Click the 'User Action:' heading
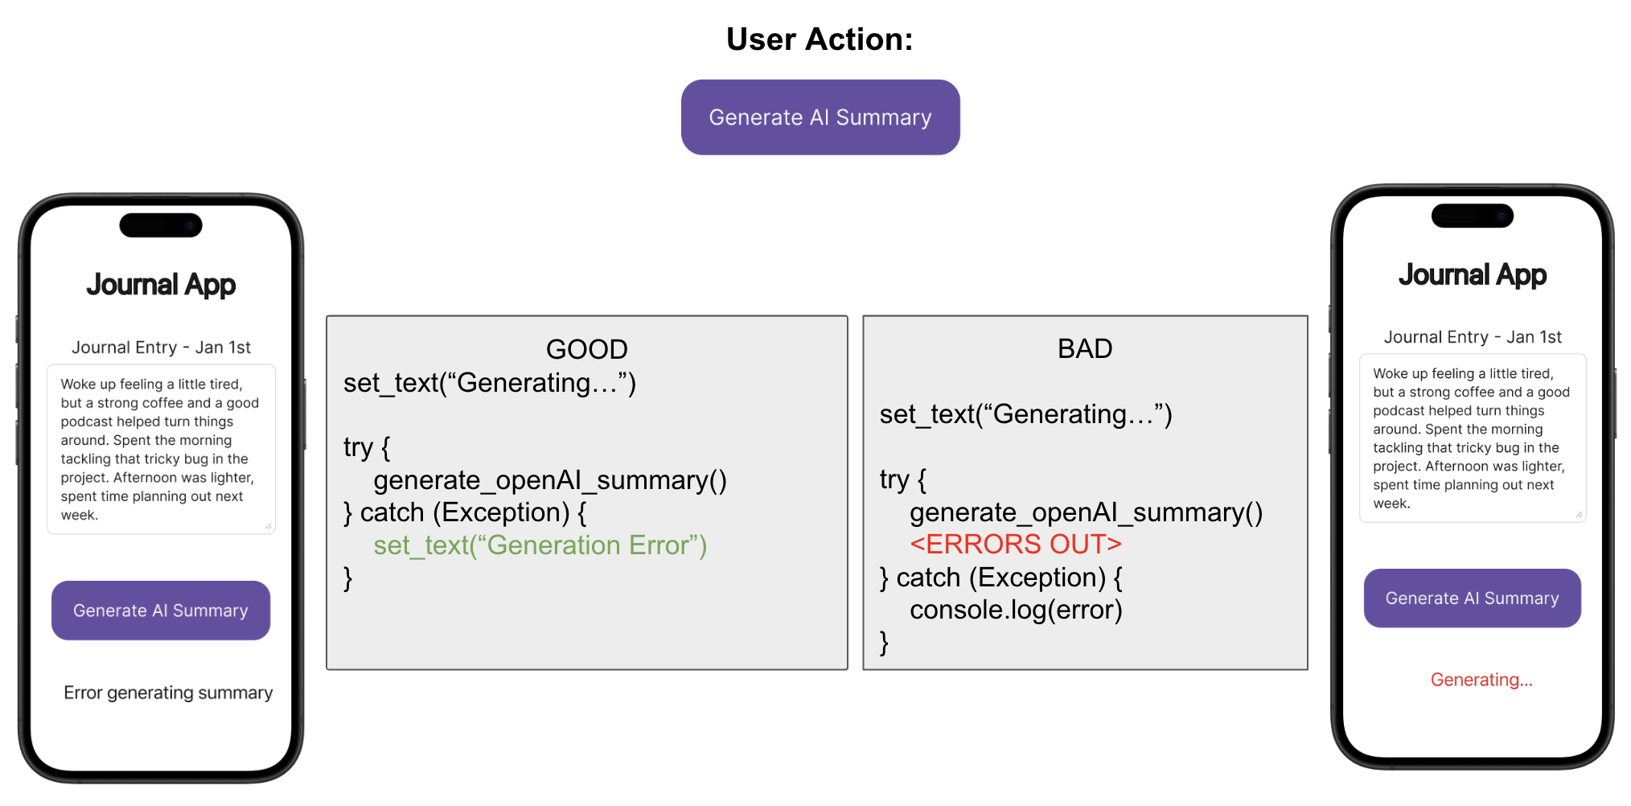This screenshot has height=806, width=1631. [x=820, y=39]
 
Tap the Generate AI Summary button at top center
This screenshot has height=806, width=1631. [x=820, y=117]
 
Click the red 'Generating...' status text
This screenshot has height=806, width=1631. [x=1481, y=680]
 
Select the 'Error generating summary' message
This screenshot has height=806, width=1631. [x=168, y=693]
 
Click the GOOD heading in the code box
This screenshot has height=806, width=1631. [x=586, y=349]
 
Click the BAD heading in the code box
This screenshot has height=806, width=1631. [x=1084, y=348]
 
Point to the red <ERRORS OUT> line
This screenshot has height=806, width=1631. [x=1015, y=545]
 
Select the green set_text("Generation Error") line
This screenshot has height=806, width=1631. [x=540, y=545]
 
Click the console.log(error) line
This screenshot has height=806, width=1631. [x=1015, y=610]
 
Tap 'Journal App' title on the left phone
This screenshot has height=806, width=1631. [x=161, y=285]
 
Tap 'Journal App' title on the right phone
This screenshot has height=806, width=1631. [x=1472, y=275]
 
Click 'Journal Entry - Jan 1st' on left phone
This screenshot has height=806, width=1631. [x=161, y=347]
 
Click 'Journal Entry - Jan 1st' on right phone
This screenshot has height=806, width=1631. [x=1472, y=337]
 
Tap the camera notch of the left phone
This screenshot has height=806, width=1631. [x=161, y=225]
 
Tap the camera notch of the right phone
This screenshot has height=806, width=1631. [x=1472, y=216]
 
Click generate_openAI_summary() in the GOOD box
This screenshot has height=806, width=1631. [x=549, y=480]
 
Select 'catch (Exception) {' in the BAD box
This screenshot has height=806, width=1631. [x=1009, y=578]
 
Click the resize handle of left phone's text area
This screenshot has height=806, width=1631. [x=269, y=527]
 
